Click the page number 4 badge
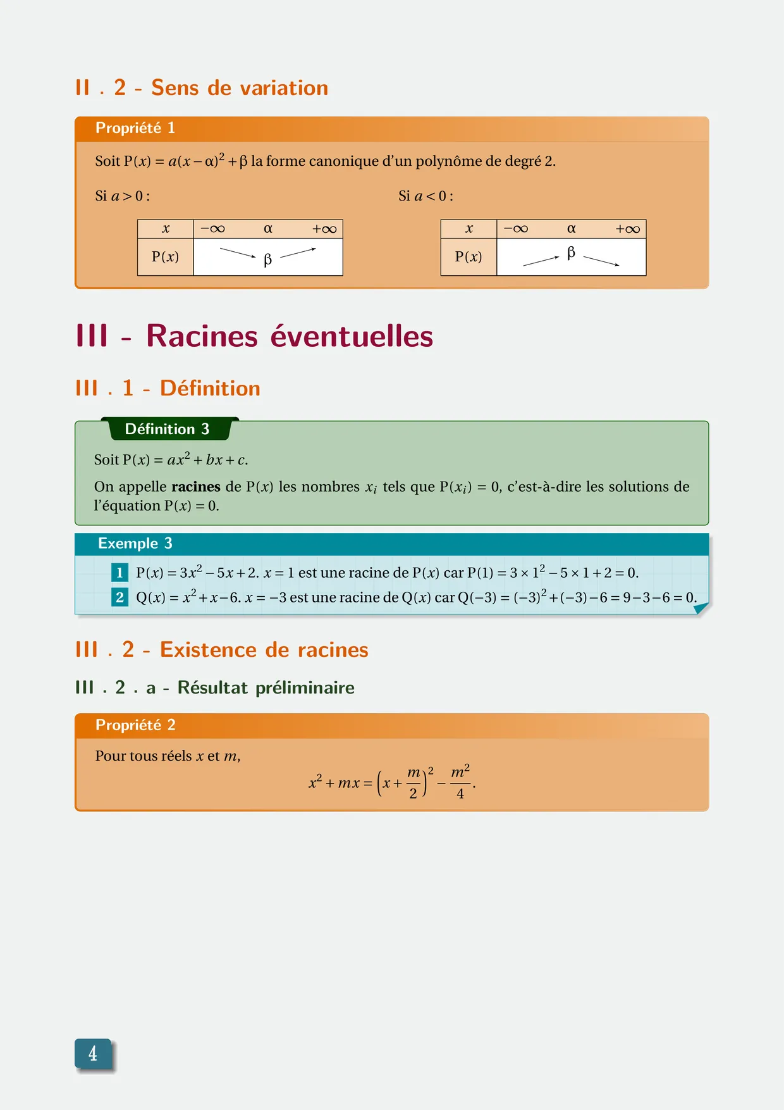tap(93, 1054)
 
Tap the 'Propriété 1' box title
tap(135, 128)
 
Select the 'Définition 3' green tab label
tap(167, 429)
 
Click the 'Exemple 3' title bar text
tap(135, 544)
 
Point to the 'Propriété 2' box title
tap(135, 725)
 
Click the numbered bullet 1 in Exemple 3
tap(119, 573)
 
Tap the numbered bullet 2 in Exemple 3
tap(119, 597)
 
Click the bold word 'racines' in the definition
tap(196, 487)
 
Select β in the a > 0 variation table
tap(267, 259)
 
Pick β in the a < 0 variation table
tap(571, 253)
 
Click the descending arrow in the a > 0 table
tap(238, 253)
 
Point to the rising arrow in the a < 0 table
tap(541, 261)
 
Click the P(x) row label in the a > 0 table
tap(165, 257)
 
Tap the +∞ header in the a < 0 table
tap(627, 229)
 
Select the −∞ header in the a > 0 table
tap(212, 229)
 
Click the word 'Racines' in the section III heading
tap(202, 336)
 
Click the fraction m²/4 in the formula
tap(460, 783)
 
